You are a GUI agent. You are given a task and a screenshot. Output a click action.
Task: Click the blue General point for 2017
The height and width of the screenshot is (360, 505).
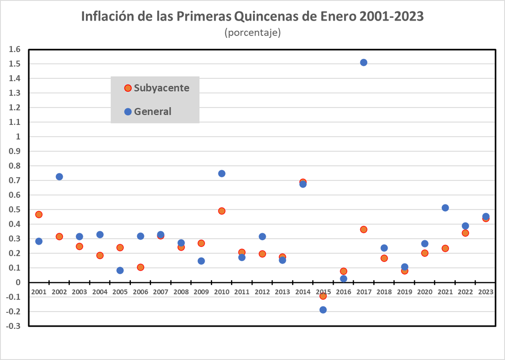coord(364,62)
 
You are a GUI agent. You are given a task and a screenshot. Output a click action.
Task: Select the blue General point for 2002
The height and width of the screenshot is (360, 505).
coord(59,177)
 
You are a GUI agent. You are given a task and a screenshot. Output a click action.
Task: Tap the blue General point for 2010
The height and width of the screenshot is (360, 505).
coord(222,174)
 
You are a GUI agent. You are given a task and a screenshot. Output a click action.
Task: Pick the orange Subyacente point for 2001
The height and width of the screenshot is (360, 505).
coord(39,214)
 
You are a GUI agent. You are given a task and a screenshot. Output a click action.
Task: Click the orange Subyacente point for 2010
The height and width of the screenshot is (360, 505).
coord(222,211)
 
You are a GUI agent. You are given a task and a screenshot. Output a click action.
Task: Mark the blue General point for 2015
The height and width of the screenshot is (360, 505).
coord(323,310)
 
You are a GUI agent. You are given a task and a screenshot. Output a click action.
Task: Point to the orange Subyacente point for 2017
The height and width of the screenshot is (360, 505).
coord(364,229)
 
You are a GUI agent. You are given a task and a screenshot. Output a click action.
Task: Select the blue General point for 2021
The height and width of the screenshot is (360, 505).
coord(445,208)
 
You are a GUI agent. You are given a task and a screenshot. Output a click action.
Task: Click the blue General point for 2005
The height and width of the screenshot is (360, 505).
coord(120,270)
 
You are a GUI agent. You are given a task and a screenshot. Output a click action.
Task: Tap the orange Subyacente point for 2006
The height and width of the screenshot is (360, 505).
coord(141,267)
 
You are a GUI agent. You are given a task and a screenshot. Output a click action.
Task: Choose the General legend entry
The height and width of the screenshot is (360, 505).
coord(148,111)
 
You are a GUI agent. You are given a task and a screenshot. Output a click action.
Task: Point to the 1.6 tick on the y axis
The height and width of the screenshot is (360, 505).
coord(15,50)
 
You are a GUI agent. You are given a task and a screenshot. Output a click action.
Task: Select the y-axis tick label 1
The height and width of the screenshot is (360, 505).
coord(18,137)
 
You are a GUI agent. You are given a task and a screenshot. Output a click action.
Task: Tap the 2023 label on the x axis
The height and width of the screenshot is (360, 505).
coord(486,291)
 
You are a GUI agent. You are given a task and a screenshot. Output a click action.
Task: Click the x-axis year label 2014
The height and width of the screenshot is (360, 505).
coord(303,291)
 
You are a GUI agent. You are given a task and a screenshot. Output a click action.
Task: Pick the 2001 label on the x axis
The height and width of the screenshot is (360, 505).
coord(39,291)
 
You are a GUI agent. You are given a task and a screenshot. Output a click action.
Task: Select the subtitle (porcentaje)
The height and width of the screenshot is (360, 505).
coord(252,32)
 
